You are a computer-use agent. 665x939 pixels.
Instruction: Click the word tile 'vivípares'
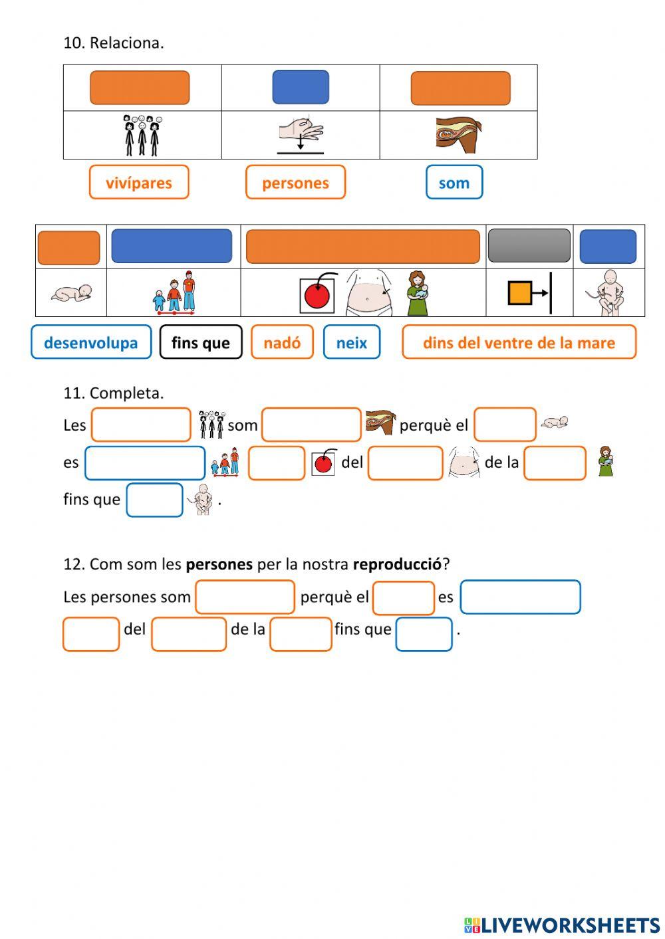[139, 183]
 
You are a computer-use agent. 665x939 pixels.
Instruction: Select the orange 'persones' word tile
[295, 183]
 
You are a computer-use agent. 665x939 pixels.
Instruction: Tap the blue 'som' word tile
[454, 183]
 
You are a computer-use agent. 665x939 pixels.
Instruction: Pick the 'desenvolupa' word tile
[91, 342]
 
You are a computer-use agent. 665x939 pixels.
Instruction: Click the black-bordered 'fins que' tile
[200, 342]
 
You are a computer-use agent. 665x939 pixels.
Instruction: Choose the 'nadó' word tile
[282, 342]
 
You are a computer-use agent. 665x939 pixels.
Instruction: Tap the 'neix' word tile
[352, 342]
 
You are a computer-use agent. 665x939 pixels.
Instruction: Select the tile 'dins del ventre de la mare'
[519, 342]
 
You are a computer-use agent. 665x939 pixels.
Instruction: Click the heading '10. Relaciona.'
[114, 43]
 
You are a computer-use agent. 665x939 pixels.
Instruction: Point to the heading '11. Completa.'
[114, 393]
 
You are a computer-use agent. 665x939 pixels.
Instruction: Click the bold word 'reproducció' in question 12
[397, 564]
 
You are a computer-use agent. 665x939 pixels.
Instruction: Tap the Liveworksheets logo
[562, 925]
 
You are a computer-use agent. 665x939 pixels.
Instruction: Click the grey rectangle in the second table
[529, 246]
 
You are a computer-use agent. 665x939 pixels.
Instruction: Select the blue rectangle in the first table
[301, 87]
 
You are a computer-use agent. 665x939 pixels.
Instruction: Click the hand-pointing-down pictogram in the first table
[301, 135]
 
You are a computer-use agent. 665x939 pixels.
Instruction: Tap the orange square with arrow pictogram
[529, 293]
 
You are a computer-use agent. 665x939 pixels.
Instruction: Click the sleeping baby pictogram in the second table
[71, 293]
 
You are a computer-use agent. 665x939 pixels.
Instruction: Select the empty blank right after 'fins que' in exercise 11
[154, 500]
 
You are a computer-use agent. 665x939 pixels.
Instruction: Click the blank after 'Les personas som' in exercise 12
[245, 597]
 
